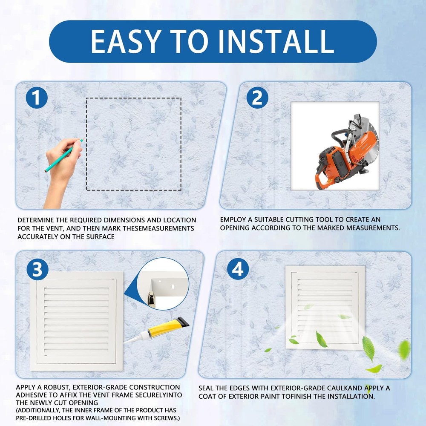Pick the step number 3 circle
pos(37,270)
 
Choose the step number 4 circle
pos(238,269)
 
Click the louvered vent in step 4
pos(325,307)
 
